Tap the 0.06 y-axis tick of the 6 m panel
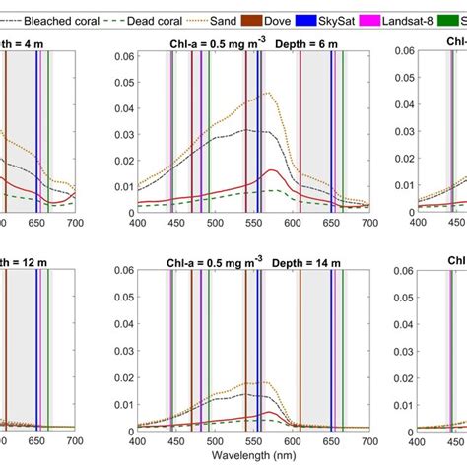tap(118, 56)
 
